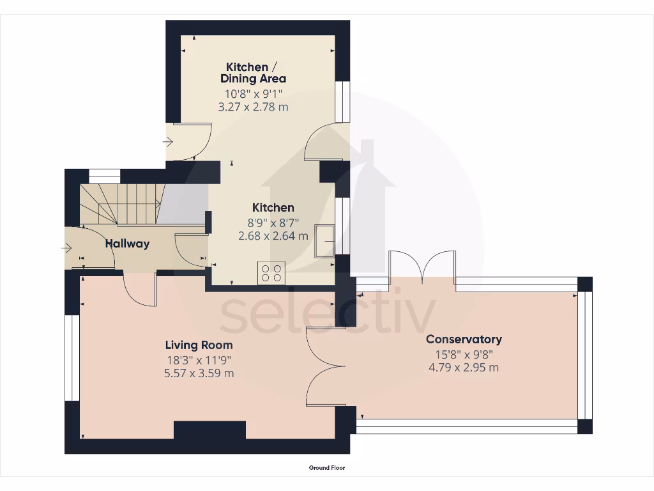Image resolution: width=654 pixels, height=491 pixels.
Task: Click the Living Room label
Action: pos(199,345)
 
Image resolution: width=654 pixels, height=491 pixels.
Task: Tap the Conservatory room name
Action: pos(464,339)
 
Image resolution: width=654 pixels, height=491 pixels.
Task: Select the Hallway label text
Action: pos(127,243)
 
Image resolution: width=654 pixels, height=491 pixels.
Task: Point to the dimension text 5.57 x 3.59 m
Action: pos(199,373)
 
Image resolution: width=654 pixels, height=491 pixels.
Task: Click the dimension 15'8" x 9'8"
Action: pos(464,354)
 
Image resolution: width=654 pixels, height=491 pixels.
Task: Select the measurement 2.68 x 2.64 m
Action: pos(273,235)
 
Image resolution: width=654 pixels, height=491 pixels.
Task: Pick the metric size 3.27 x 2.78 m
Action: pos(253,107)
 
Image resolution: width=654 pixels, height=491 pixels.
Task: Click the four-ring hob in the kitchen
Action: pos(271,273)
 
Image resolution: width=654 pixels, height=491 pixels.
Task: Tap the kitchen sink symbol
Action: pos(324,241)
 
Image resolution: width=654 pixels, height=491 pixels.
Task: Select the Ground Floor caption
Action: pos(327,468)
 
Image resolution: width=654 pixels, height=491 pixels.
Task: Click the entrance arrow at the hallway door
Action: pos(68,248)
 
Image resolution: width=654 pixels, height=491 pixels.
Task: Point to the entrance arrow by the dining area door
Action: pos(169,142)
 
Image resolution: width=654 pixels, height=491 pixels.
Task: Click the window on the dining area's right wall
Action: pos(343,102)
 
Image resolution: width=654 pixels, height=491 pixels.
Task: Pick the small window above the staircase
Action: pos(104,176)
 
